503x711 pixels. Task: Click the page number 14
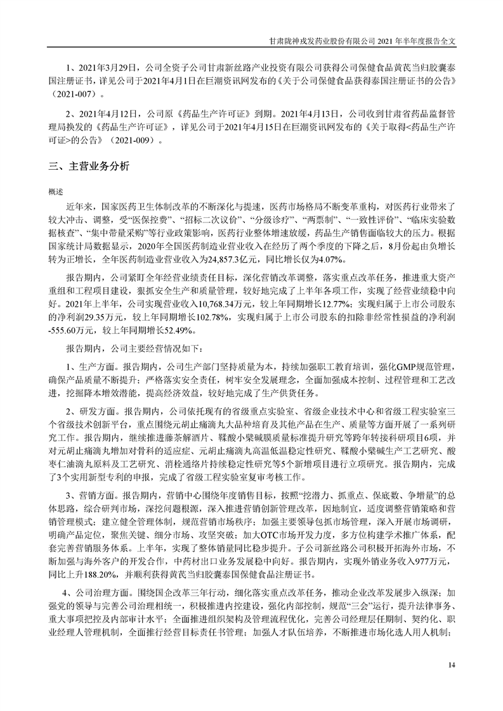click(x=451, y=664)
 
